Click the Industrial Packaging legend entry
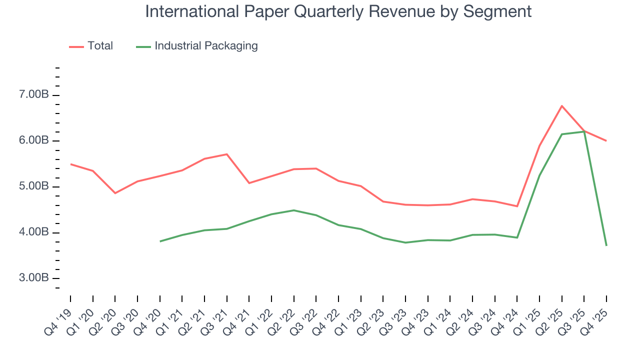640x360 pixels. click(197, 46)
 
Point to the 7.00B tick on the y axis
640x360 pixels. click(34, 95)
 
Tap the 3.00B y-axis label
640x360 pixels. click(34, 278)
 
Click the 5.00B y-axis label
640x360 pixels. click(34, 187)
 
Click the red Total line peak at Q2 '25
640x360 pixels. click(562, 106)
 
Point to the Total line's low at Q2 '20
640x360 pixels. click(115, 193)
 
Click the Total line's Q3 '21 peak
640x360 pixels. click(227, 154)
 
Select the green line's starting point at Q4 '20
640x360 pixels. click(160, 241)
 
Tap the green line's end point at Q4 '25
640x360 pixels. click(606, 245)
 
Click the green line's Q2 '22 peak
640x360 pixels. click(294, 210)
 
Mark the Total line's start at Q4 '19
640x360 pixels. click(70, 164)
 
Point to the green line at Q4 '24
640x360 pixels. click(517, 237)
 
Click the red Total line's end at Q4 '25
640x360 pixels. click(606, 140)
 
